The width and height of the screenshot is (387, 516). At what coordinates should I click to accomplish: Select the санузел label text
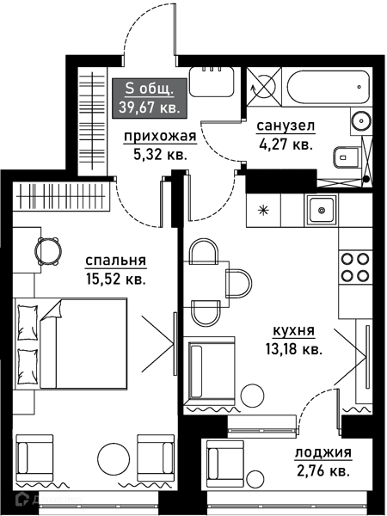pyautogui.click(x=286, y=126)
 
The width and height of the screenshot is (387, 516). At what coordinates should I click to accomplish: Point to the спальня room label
pyautogui.click(x=115, y=261)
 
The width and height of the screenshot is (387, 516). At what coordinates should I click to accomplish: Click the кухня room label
pyautogui.click(x=292, y=331)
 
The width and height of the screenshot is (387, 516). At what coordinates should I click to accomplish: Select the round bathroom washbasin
pyautogui.click(x=360, y=120)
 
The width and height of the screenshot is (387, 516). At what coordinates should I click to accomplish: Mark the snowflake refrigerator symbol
pyautogui.click(x=263, y=209)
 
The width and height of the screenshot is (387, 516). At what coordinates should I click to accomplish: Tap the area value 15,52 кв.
pyautogui.click(x=115, y=279)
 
